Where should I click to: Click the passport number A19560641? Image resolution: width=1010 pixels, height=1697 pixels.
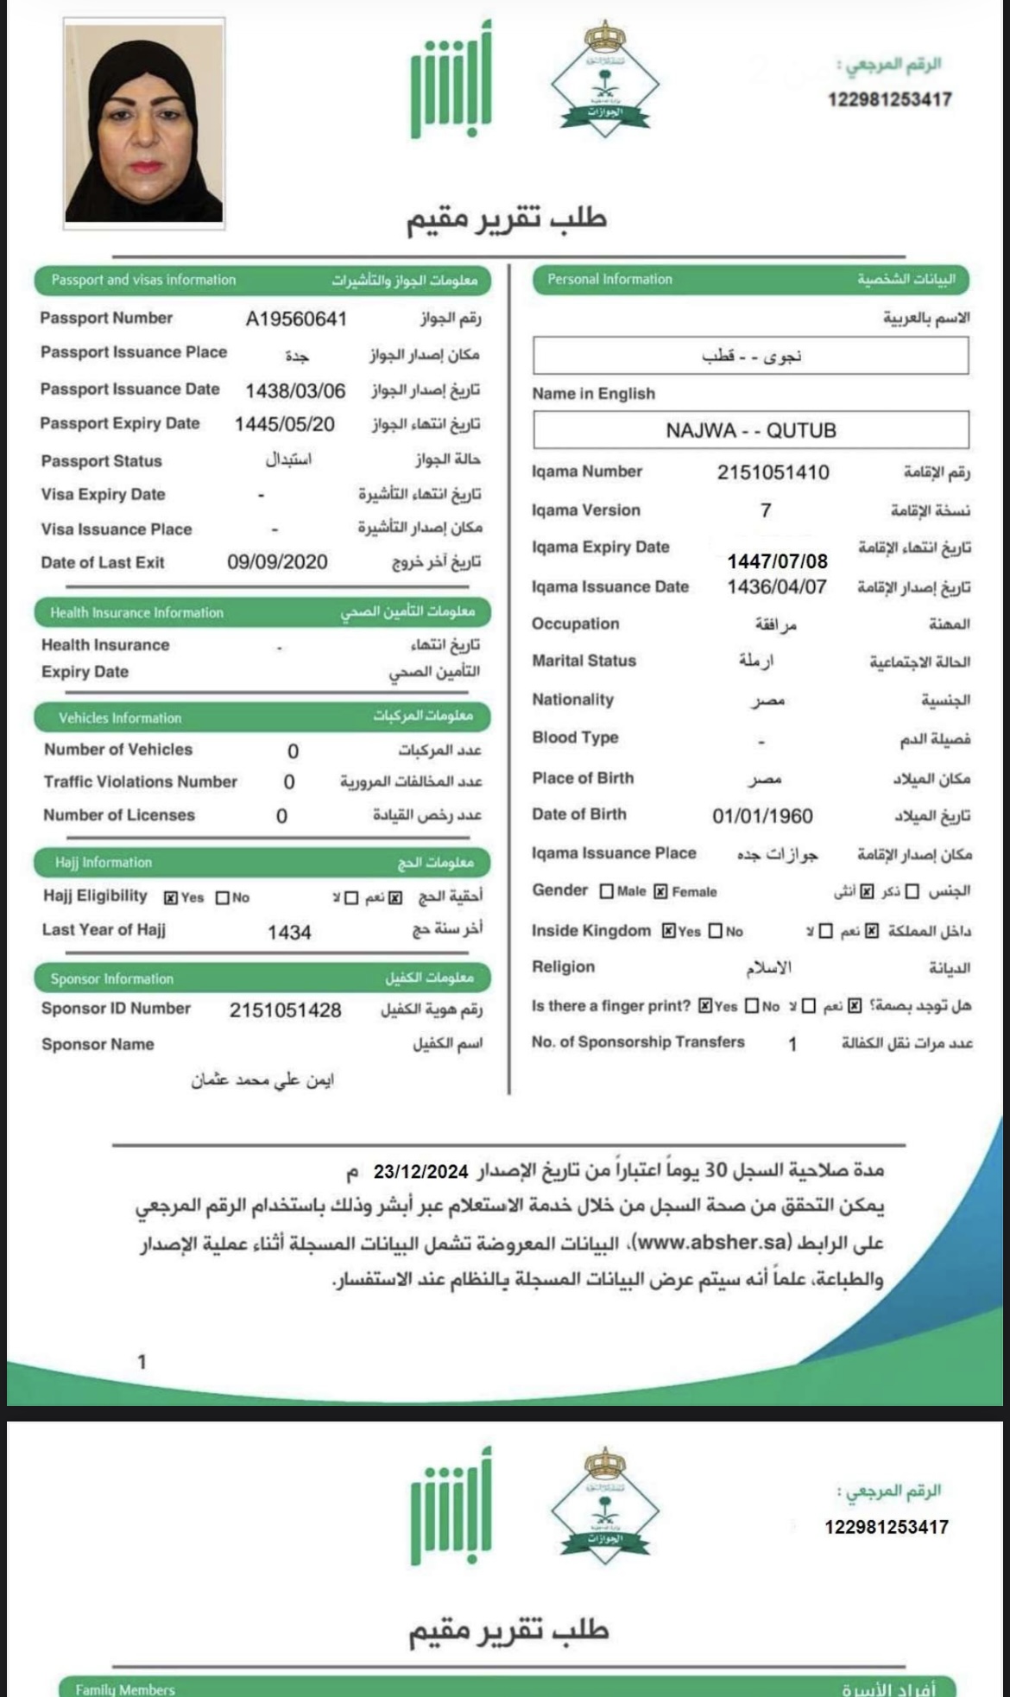point(296,320)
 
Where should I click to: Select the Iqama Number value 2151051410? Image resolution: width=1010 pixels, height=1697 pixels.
point(773,472)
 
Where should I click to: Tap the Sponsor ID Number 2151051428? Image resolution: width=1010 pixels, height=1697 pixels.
point(285,1010)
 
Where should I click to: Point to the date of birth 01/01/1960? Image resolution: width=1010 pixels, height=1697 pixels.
point(762,816)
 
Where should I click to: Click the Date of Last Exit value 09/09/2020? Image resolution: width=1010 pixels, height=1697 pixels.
point(277,562)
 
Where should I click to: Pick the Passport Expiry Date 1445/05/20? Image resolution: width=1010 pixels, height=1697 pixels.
point(284,424)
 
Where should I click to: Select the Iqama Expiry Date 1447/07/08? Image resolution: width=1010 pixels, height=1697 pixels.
point(777,561)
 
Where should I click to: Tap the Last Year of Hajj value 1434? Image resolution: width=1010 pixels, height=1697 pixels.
point(289,932)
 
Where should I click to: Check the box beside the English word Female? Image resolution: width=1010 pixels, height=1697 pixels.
point(660,891)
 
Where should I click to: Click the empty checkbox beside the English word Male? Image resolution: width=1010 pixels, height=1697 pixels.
point(606,891)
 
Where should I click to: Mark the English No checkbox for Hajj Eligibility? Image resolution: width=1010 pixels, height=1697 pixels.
point(223,898)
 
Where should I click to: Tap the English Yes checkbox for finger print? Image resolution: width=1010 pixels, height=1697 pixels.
point(705,1006)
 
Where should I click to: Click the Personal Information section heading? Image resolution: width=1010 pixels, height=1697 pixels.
point(609,279)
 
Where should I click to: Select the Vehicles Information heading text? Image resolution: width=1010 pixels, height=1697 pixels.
point(120,718)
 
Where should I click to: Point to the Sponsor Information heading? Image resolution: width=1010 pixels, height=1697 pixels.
point(112,978)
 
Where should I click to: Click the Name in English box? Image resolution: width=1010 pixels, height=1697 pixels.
point(750,430)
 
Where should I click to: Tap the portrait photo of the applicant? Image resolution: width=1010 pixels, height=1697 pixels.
point(144,123)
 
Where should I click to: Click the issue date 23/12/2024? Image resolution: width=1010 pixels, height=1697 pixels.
point(420,1172)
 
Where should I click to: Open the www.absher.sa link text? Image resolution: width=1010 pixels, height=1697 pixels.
point(712,1243)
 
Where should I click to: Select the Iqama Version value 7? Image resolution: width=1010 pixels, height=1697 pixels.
point(766,510)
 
